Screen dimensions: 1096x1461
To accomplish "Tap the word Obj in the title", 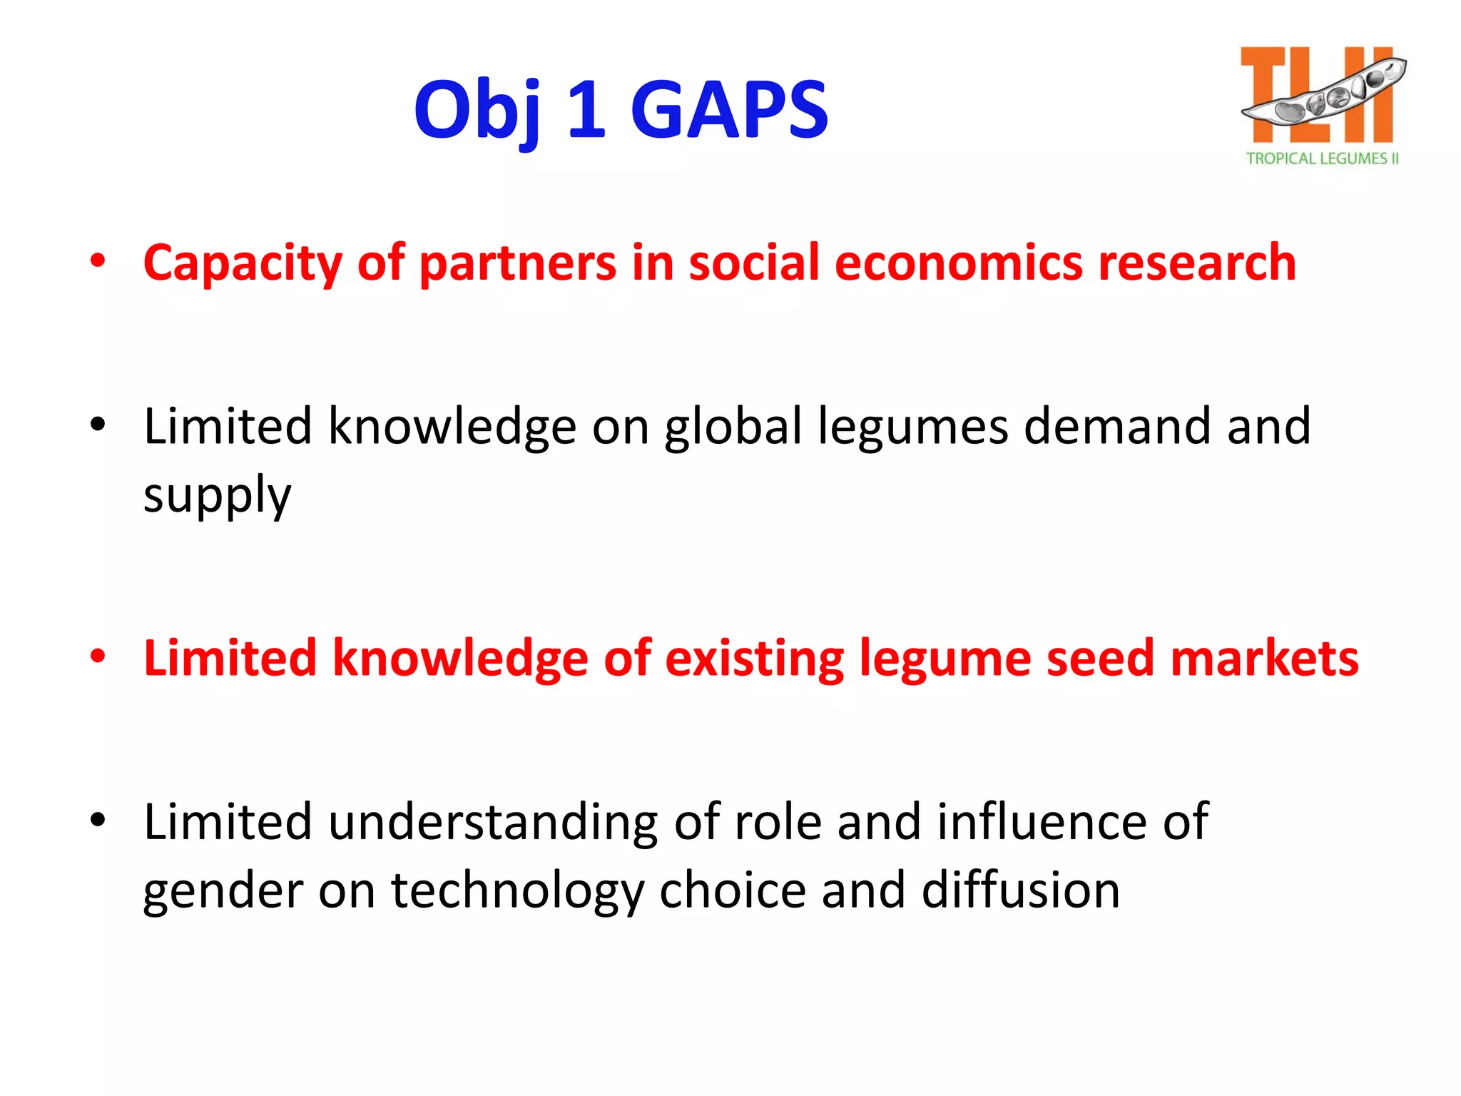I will [477, 111].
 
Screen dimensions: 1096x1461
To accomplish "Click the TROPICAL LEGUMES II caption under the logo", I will [1322, 158].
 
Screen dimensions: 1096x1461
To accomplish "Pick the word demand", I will [1117, 426].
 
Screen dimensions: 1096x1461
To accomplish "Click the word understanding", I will [493, 823].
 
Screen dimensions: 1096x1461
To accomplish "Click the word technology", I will [517, 892].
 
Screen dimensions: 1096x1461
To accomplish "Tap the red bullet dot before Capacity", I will [98, 260].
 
